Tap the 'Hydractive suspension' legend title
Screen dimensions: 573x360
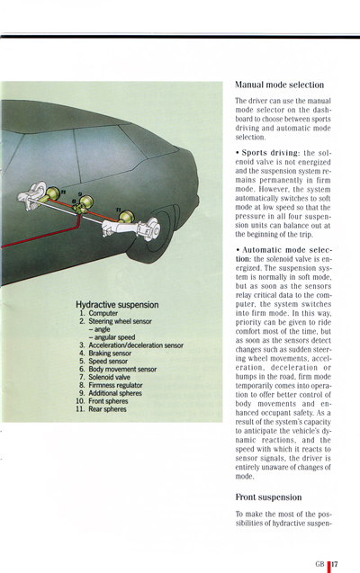[x=117, y=305]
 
